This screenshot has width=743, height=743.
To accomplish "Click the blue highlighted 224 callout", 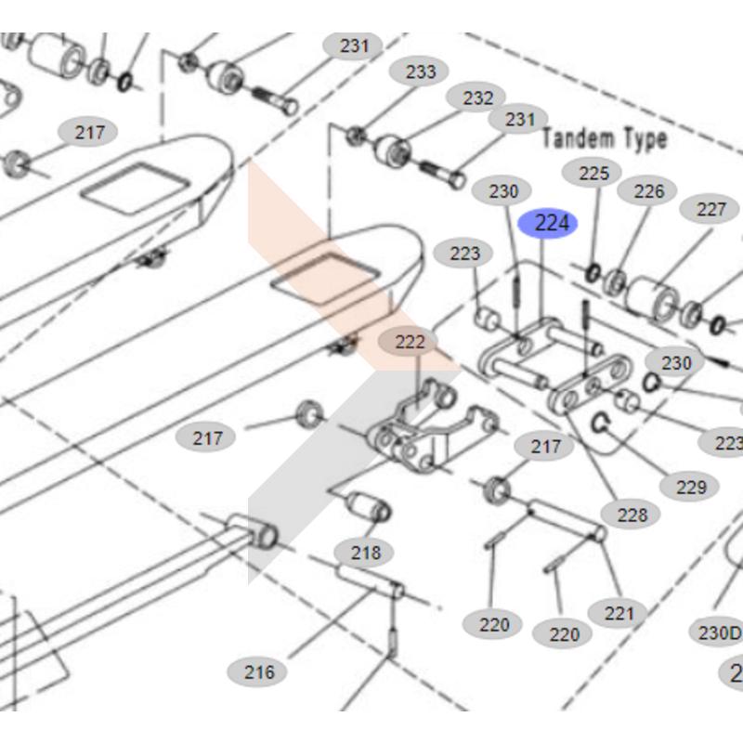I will (x=548, y=223).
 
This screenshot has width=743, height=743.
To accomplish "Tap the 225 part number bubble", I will (x=593, y=172).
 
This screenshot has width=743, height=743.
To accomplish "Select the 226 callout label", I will (x=649, y=190).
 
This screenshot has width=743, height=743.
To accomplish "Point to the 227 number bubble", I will (x=710, y=209).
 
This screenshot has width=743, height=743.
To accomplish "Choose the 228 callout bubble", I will (x=631, y=514).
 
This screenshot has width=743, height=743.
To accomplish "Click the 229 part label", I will (x=691, y=486).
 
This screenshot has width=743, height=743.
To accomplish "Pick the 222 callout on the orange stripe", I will (x=410, y=342).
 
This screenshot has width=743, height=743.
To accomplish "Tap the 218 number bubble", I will (x=365, y=553).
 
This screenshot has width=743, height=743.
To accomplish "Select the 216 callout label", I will (x=259, y=671).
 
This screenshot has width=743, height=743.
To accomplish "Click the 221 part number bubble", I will (x=619, y=612).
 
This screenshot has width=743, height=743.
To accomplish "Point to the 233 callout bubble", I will (x=420, y=72).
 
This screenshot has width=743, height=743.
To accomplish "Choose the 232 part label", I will (x=477, y=98).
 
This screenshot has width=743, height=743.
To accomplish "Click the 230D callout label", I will (x=720, y=632).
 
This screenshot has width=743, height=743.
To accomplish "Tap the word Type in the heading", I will (x=645, y=139).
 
